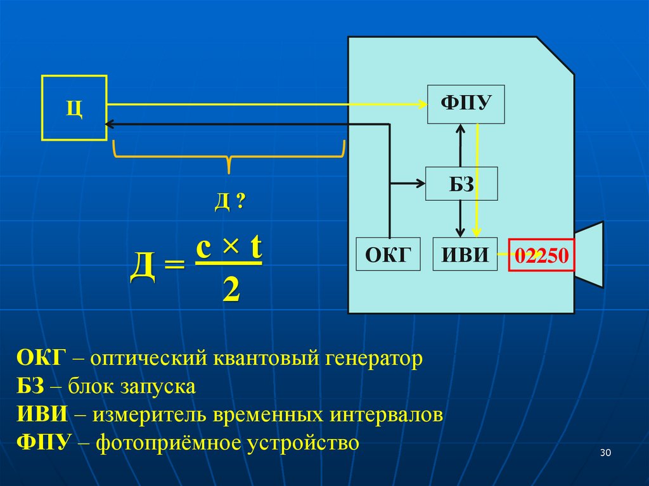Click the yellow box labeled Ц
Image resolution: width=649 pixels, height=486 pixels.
74,107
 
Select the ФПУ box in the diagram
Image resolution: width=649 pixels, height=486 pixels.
466,103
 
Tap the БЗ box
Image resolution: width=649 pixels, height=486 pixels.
461,184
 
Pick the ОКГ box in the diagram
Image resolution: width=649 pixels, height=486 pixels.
388,254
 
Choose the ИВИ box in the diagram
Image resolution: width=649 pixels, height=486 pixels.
465,254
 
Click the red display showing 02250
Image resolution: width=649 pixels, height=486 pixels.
543,255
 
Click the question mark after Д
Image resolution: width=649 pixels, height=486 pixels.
240,202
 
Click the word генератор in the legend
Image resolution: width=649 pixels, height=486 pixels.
373,359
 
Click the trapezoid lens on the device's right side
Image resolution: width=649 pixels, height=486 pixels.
589,253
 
